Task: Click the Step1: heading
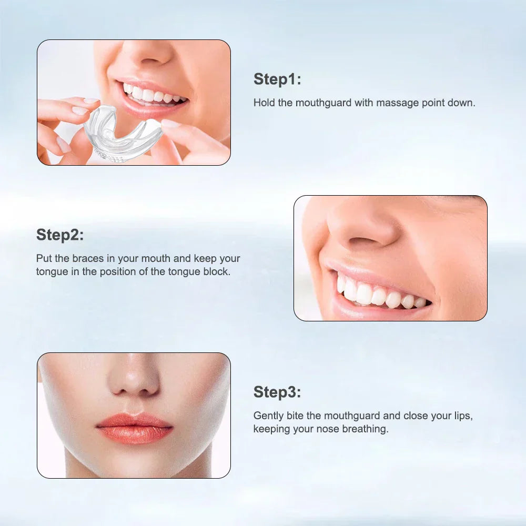(277, 79)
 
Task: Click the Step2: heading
(60, 235)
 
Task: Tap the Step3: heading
(277, 392)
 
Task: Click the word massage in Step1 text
(400, 103)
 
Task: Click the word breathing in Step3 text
(365, 429)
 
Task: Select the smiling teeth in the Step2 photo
(379, 295)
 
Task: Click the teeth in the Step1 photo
(153, 95)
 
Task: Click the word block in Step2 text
(217, 272)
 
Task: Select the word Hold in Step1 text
(264, 103)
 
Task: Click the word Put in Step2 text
(44, 259)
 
